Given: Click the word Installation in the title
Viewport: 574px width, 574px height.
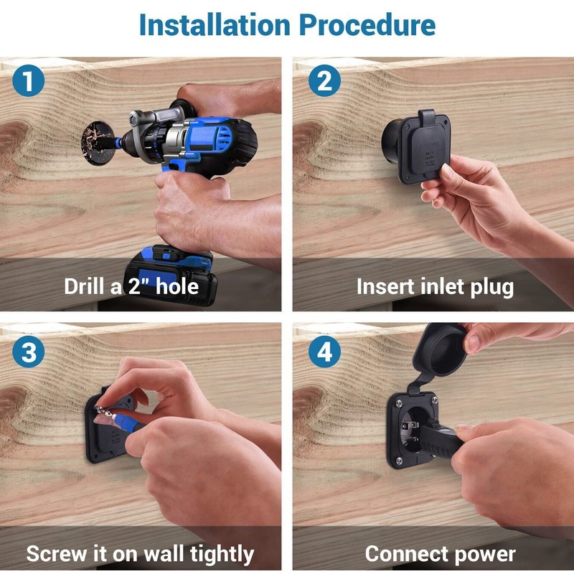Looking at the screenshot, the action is tap(215, 25).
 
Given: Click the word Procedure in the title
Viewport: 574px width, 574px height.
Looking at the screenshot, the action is tap(367, 25).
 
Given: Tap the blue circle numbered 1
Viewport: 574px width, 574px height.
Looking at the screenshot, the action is tap(28, 80).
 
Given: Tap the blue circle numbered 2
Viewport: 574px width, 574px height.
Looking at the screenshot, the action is tap(324, 80).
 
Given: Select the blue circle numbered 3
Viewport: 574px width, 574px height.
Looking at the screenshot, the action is tap(28, 352).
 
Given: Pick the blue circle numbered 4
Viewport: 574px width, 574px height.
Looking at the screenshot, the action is tap(324, 352).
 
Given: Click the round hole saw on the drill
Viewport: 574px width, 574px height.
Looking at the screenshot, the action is tap(98, 143).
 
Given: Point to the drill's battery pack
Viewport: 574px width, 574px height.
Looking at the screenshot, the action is tap(170, 276).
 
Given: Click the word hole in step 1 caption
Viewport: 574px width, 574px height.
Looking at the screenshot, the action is tap(177, 286).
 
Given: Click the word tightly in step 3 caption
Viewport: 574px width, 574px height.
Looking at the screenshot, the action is tap(222, 553).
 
